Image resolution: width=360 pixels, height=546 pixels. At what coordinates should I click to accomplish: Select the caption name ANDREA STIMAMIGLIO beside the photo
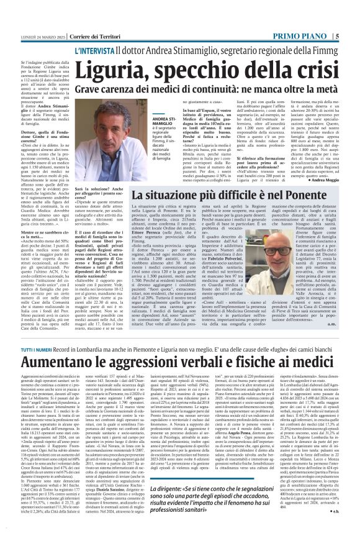[x=166, y=121]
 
